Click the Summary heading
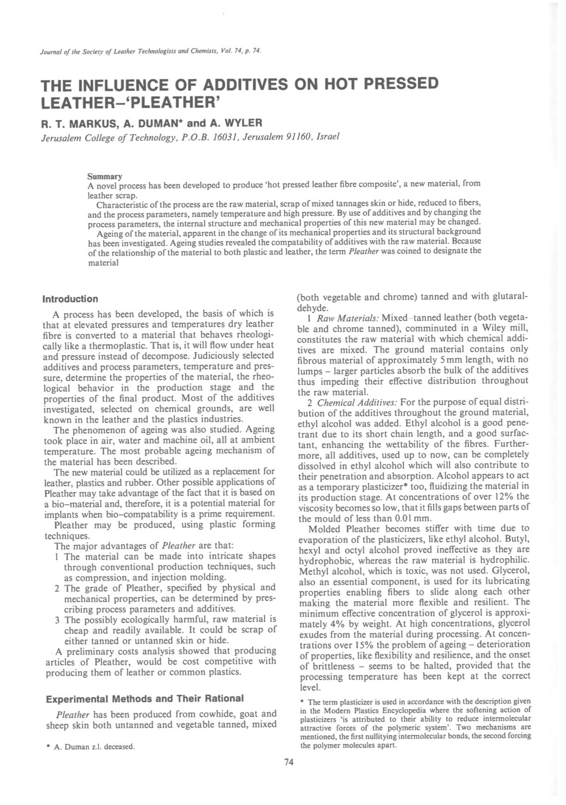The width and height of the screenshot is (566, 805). [104, 176]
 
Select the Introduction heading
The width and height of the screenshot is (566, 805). [70, 299]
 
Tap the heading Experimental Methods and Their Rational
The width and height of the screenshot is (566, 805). [144, 698]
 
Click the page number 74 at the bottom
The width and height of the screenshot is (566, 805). [289, 762]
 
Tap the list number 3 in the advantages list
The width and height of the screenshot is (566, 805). [56, 620]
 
